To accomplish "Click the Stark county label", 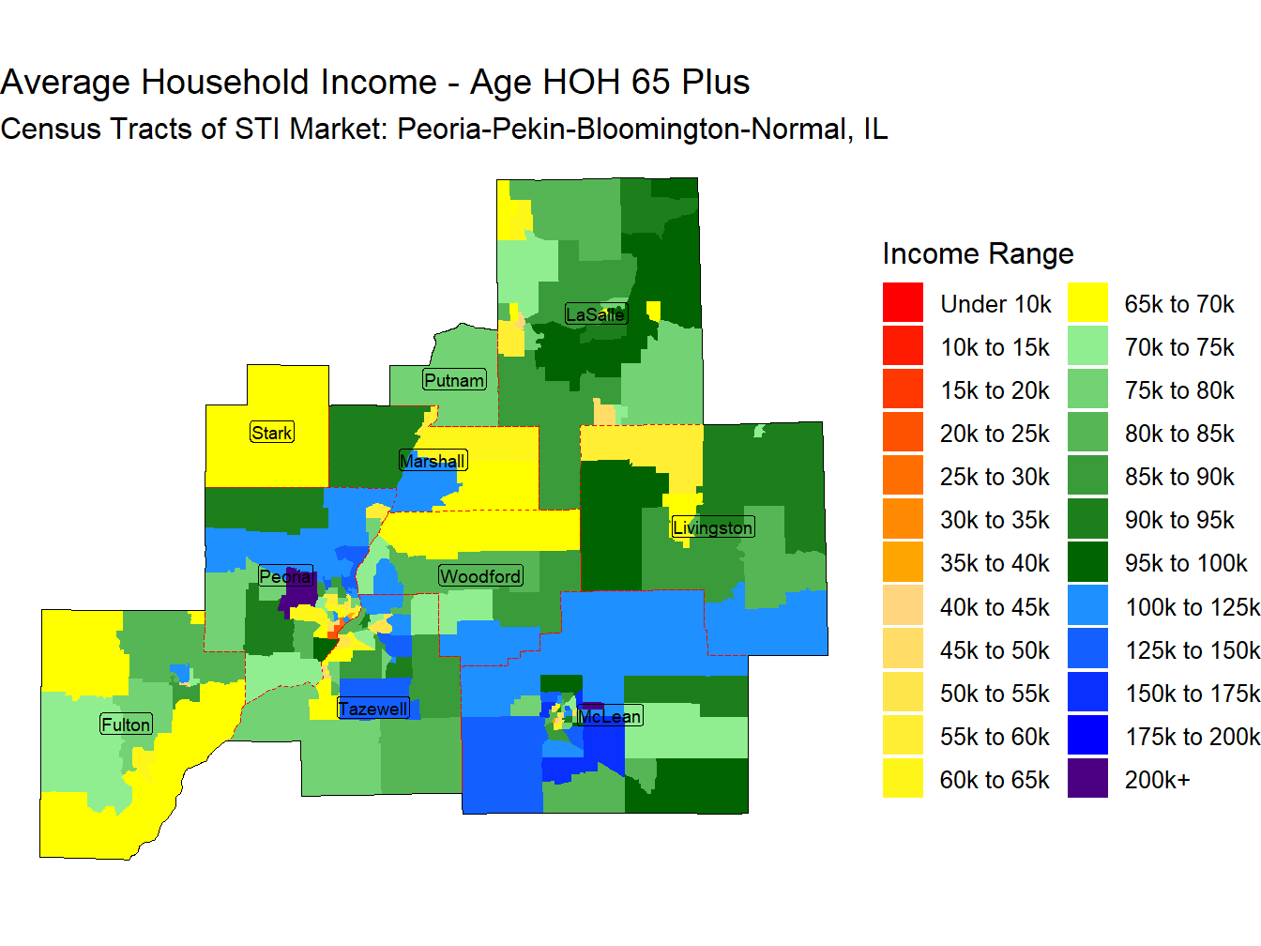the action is coord(272,432).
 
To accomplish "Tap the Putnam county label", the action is coord(454,380).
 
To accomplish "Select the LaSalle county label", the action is coord(596,314).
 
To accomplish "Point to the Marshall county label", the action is coord(433,460).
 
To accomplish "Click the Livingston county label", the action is coord(712,526).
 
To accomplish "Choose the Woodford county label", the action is coord(480,575).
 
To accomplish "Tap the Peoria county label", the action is coord(285,575).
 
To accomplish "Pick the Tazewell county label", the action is coord(372,709).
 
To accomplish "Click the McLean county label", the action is coord(610,716).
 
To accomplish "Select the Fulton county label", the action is coord(127,724).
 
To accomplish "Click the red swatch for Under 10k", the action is coord(903,302).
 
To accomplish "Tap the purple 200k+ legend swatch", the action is coord(1087,778).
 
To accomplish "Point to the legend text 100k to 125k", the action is coord(1193,607).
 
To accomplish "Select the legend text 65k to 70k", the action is coord(1178,304).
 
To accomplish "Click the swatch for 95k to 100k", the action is coord(1087,562).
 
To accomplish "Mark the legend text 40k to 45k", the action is coord(995,607).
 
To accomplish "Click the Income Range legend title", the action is coord(978,253).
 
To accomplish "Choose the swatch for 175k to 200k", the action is coord(1087,735).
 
